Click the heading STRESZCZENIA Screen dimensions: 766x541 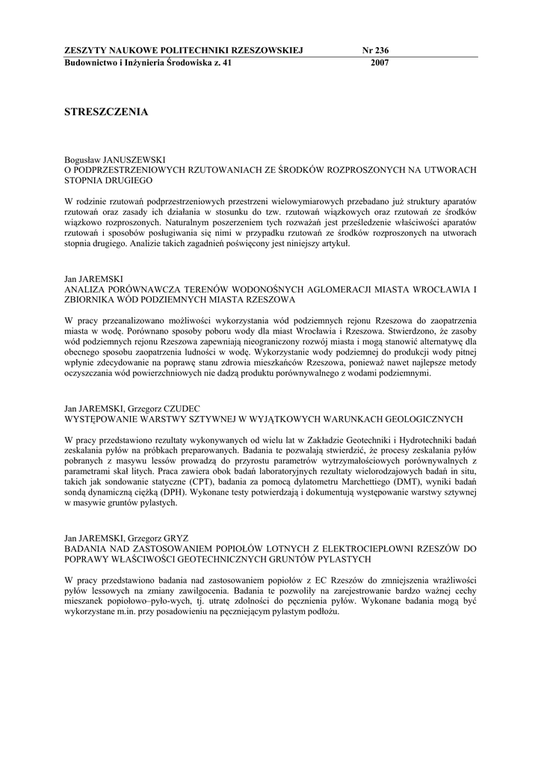(x=107, y=112)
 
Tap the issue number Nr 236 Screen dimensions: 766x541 (x=375, y=51)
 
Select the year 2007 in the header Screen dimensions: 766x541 (x=380, y=63)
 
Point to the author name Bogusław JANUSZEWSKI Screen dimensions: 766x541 (x=114, y=160)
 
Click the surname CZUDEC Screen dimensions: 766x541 (x=175, y=408)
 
